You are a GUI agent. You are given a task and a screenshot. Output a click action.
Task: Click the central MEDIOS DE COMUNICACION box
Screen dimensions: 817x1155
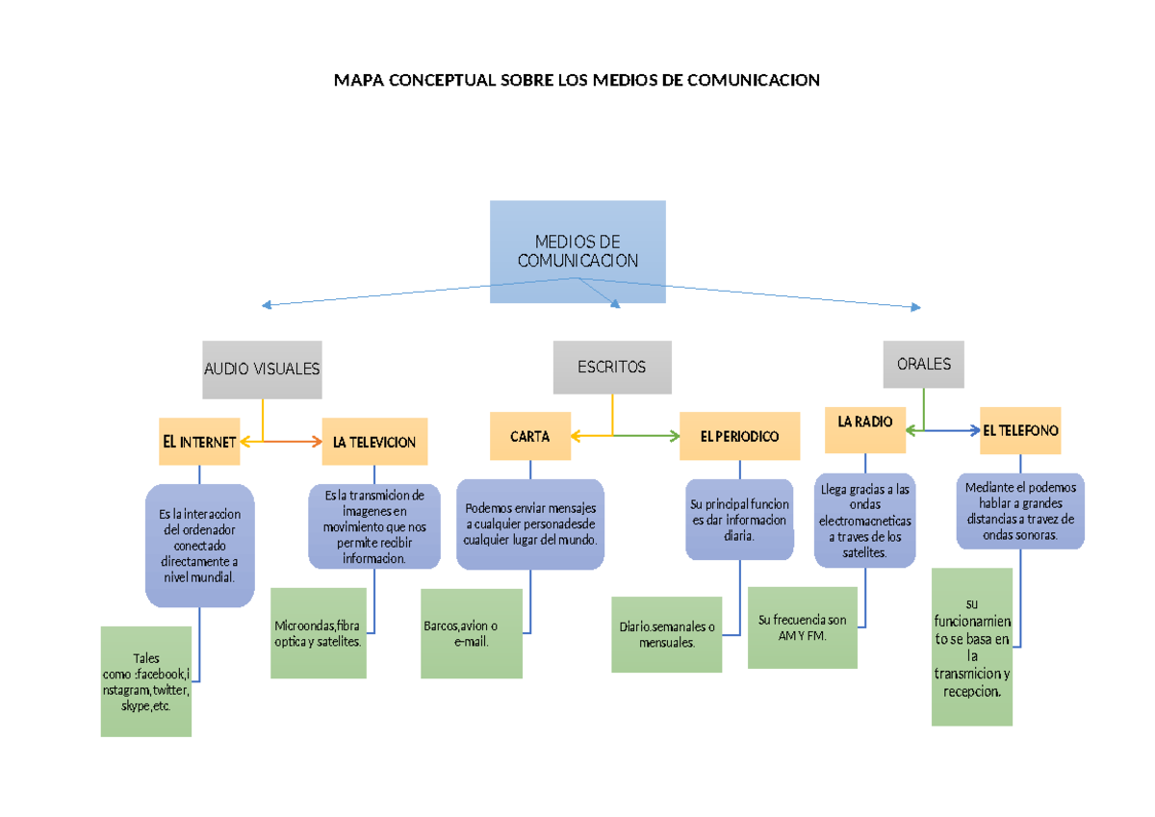click(x=577, y=251)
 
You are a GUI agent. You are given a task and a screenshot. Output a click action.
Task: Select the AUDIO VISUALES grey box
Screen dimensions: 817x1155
click(x=262, y=370)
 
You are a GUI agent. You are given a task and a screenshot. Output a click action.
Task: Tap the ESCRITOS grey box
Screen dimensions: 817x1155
click(x=612, y=367)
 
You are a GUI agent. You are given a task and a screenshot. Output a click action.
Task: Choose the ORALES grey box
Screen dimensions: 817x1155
click(x=923, y=365)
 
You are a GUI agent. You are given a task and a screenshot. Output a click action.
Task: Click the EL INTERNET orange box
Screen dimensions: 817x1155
click(x=199, y=442)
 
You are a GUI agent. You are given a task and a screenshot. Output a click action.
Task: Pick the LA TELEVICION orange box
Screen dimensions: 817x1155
click(x=373, y=442)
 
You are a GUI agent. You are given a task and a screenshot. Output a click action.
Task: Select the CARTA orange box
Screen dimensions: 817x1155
click(x=530, y=436)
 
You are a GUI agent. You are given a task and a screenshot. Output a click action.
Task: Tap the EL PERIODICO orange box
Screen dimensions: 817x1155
click(x=739, y=436)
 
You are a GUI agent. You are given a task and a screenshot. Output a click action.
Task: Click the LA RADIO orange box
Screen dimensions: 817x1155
click(x=865, y=428)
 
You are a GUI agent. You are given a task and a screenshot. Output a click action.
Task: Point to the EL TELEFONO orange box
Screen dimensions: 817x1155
click(x=1020, y=430)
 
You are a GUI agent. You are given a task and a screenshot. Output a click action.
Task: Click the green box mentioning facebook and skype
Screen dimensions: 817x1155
click(x=146, y=681)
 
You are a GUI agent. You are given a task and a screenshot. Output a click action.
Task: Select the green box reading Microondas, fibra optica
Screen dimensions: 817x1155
click(x=319, y=633)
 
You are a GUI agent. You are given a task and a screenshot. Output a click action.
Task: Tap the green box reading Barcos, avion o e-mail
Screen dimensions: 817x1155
click(x=472, y=633)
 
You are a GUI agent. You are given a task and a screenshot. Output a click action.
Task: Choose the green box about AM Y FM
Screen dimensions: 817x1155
click(x=802, y=627)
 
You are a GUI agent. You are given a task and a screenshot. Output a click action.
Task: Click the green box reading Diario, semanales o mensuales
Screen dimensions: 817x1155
click(x=666, y=634)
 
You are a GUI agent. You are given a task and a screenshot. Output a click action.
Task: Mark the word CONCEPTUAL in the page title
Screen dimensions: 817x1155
click(x=441, y=80)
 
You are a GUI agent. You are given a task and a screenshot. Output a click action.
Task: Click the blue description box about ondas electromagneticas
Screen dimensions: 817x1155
click(x=865, y=521)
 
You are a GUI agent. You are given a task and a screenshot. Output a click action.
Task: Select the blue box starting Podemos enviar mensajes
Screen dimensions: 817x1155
click(x=530, y=523)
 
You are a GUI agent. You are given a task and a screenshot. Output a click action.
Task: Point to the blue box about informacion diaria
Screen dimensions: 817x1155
click(x=739, y=520)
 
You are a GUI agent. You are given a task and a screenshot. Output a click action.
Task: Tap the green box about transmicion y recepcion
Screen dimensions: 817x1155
click(x=972, y=647)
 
